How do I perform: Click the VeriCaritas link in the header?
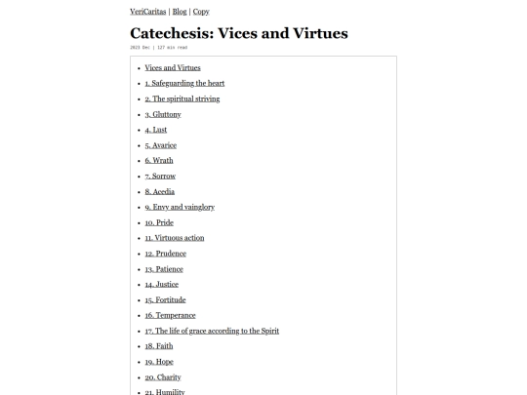(x=147, y=12)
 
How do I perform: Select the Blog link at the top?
(x=180, y=12)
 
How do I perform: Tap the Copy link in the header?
(x=201, y=12)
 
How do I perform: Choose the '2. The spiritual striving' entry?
(x=182, y=99)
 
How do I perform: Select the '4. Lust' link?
(x=155, y=130)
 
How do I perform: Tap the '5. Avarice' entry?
(x=160, y=145)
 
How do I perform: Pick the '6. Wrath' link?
(x=158, y=160)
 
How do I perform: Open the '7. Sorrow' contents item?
(x=160, y=176)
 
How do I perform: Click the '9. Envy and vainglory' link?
(x=180, y=207)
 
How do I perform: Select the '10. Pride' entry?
(x=159, y=222)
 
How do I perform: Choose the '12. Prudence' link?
(x=165, y=254)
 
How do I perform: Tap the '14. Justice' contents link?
(x=161, y=285)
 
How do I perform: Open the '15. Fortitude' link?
(x=165, y=299)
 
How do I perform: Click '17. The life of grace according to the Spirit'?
(x=212, y=331)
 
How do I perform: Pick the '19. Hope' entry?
(x=159, y=362)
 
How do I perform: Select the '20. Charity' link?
(x=163, y=377)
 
